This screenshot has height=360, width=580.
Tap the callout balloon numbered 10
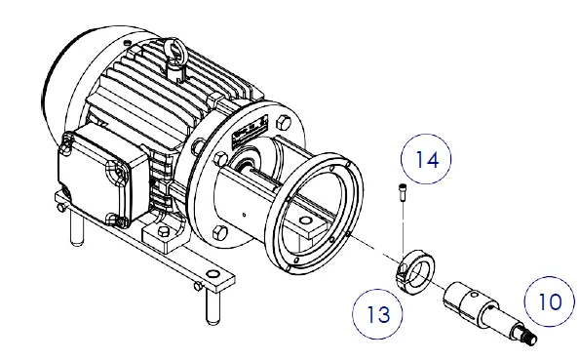(549, 300)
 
